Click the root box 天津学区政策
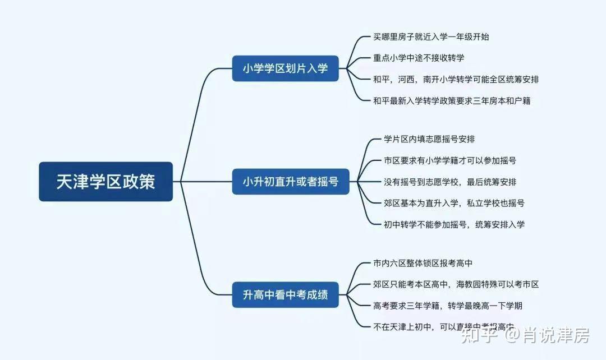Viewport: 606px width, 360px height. pos(105,182)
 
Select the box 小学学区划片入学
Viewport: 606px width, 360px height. pos(285,68)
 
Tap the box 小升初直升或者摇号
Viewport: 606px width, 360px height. pos(290,182)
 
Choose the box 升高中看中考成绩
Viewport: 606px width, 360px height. pos(285,294)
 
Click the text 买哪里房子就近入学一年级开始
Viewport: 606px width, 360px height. pos(431,37)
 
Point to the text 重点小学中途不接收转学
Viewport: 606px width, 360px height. pos(419,58)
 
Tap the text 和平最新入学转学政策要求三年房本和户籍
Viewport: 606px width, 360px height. pos(452,101)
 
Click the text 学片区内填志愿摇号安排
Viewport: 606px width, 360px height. pos(429,139)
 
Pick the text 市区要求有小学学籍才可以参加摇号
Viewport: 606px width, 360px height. pos(450,160)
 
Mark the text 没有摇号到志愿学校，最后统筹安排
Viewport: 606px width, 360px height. pos(450,182)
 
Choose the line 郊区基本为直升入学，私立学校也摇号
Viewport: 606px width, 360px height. pos(454,203)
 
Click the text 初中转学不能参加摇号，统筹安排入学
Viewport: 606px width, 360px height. pos(454,224)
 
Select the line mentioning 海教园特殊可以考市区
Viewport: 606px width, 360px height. pos(456,284)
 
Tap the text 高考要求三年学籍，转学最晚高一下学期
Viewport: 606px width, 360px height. pos(452,306)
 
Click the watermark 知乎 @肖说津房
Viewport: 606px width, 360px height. pos(525,336)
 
